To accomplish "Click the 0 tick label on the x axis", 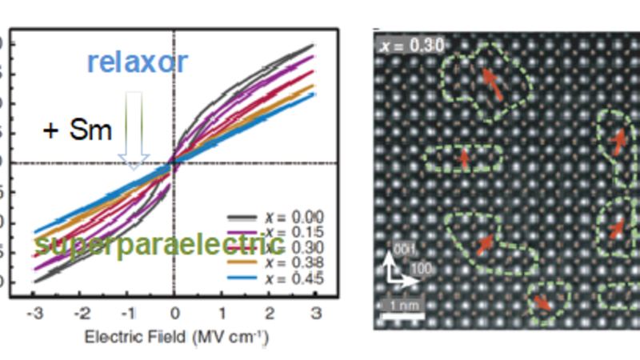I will coord(175,311).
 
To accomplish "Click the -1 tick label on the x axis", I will coord(127,311).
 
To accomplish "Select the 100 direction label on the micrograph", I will coord(418,269).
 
